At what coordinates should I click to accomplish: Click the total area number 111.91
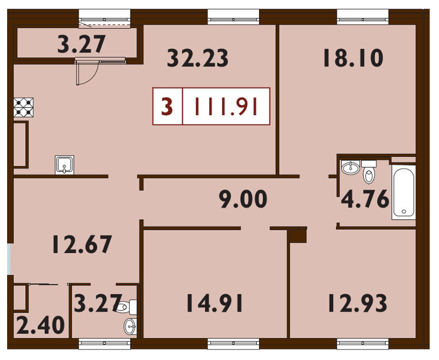pos(226,106)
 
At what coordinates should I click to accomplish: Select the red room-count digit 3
pos(167,106)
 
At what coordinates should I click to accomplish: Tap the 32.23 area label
pos(198,58)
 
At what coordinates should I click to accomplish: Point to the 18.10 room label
pos(353,58)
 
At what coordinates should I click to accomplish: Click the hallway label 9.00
pos(243,199)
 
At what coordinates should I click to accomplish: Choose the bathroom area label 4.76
pos(365,199)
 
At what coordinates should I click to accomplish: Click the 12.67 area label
pos(82,244)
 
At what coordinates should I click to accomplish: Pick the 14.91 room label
pos(215,303)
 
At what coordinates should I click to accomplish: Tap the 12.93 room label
pos(357,303)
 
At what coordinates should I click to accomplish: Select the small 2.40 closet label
pos(41,325)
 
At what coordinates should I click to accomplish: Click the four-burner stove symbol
pos(24,107)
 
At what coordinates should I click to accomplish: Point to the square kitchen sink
pos(64,165)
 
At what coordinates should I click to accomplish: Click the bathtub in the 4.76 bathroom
pos(403,192)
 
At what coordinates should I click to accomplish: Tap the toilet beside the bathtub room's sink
pos(369,172)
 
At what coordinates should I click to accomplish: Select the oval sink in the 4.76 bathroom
pos(350,167)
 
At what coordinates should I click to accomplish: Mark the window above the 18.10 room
pos(363,17)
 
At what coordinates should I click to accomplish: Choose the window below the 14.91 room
pos(233,344)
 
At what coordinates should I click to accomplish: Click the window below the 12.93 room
pos(363,344)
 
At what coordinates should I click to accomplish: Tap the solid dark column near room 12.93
pos(299,234)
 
